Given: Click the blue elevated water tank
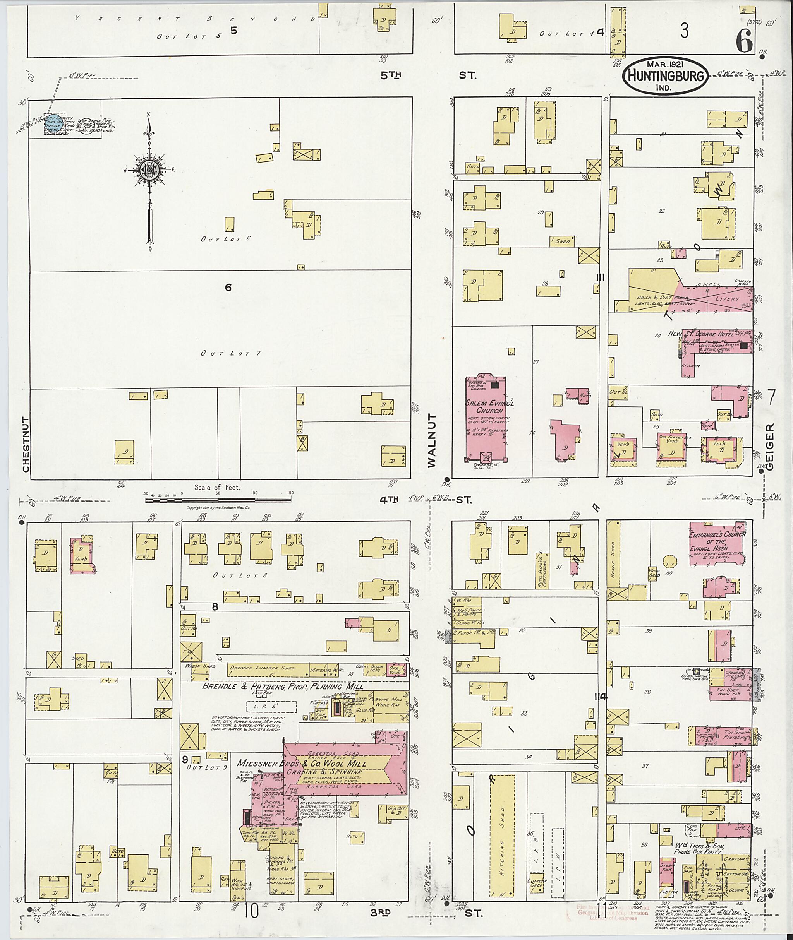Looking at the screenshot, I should tap(53, 124).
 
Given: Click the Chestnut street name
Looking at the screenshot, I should tap(26, 444).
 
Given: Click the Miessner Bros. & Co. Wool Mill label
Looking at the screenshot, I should tap(302, 764).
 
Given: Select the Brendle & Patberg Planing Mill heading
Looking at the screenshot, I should tap(282, 686).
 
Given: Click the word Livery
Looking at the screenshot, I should tap(727, 299).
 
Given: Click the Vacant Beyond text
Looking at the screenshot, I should tap(195, 19).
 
